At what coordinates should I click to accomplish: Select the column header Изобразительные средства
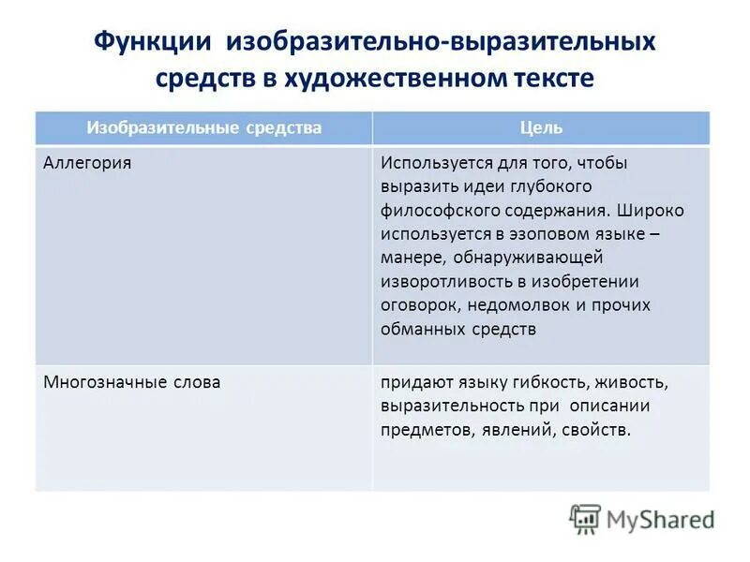coord(204,127)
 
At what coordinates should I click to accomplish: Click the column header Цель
coord(541,127)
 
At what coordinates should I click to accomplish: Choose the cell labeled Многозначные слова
coord(132,382)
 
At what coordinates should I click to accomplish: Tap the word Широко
coord(652,211)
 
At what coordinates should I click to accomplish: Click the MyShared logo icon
coord(585,519)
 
